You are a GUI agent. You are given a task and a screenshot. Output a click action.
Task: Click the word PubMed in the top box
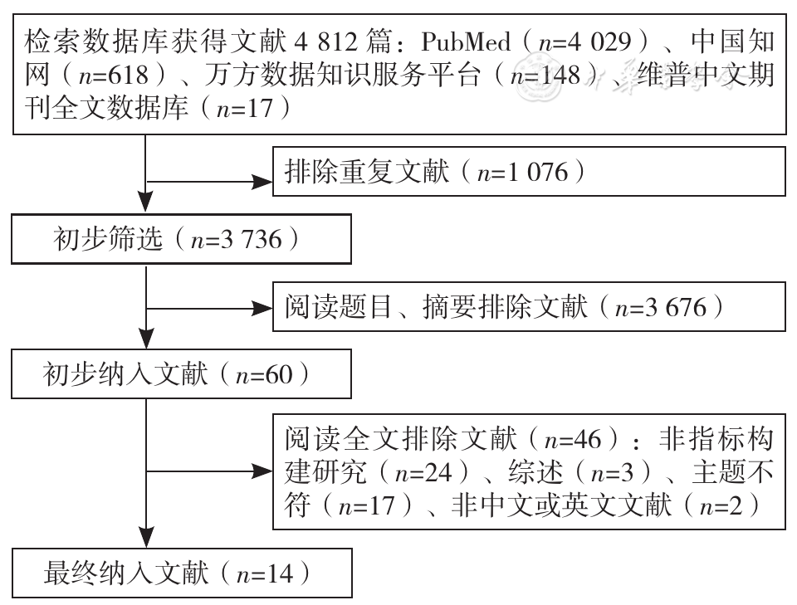[466, 41]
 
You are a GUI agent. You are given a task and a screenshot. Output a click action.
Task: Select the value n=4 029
[584, 41]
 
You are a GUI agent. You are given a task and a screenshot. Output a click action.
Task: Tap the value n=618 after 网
[113, 76]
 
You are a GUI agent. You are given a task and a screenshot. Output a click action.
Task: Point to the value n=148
[545, 76]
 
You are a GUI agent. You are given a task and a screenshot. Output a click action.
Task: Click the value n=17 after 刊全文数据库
[244, 109]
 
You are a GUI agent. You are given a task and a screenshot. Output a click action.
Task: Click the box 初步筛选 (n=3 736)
[182, 239]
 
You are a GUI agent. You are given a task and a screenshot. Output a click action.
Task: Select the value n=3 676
[661, 308]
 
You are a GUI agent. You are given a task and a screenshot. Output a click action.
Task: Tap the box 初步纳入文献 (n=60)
[182, 373]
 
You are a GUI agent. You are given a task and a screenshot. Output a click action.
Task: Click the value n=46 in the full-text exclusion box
[573, 439]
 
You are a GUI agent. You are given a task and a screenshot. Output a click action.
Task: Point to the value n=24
[423, 472]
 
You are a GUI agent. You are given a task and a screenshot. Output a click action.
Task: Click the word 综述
[535, 472]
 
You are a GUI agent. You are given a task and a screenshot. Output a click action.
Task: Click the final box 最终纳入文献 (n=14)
[182, 573]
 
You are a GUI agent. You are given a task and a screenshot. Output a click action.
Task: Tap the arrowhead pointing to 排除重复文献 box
[262, 182]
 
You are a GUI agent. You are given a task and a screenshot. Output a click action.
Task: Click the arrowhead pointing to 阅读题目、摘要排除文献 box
[262, 308]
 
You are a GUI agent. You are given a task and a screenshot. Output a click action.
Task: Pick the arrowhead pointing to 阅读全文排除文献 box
[262, 472]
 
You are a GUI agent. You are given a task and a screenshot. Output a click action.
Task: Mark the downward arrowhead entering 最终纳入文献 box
[146, 538]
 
